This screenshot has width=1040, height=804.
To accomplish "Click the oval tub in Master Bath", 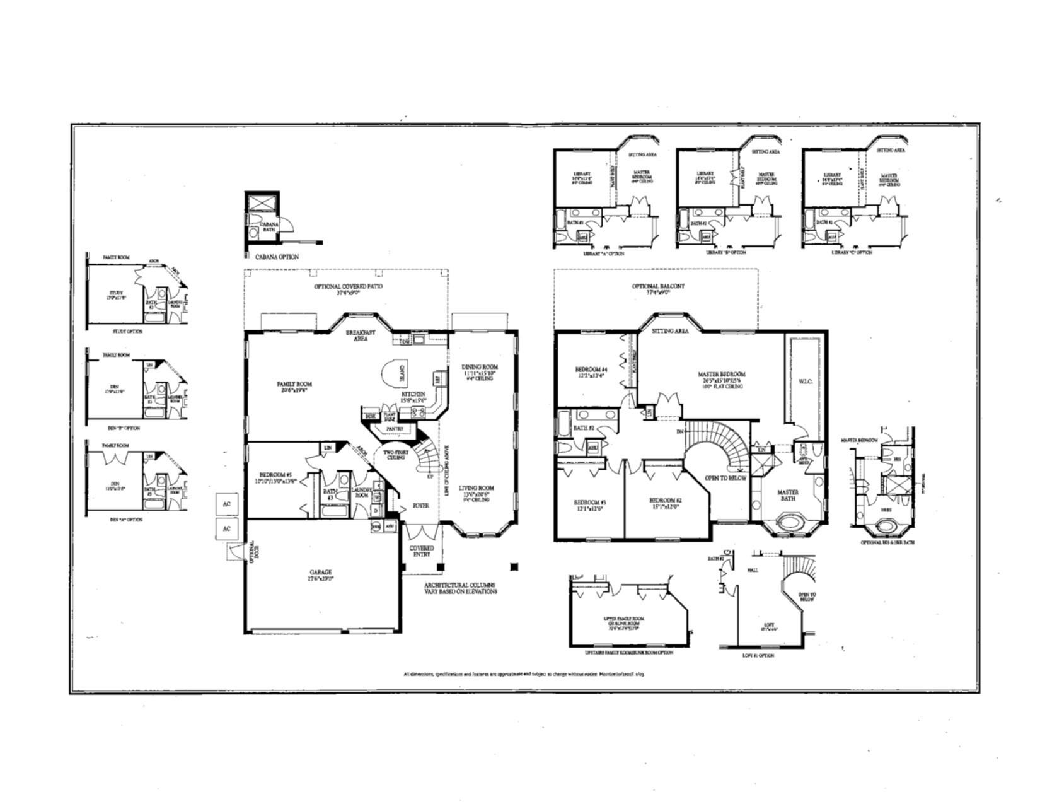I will click(x=788, y=523).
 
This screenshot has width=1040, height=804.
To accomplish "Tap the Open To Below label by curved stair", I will click(x=725, y=478).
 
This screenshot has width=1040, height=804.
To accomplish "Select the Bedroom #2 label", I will click(x=666, y=501).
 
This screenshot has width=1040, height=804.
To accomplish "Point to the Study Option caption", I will click(x=127, y=331).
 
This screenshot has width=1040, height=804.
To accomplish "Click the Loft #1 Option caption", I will click(x=758, y=655).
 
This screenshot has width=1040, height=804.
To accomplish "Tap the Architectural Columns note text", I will click(x=459, y=588).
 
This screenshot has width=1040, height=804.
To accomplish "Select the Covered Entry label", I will click(x=422, y=551).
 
